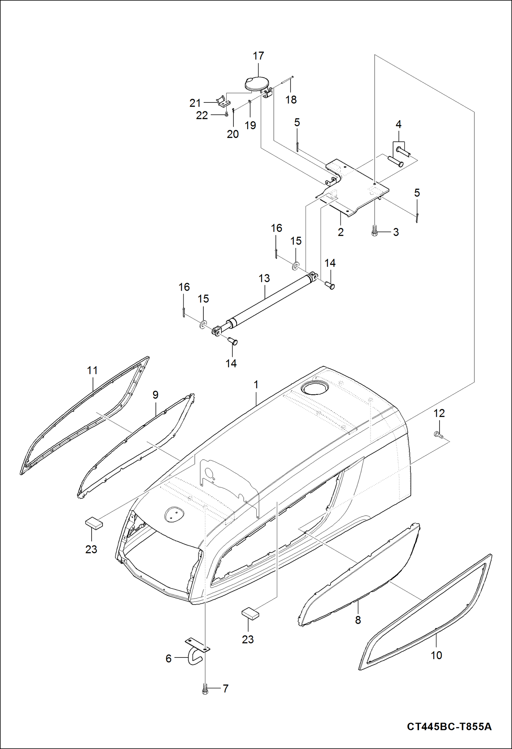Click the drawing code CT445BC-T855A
[x=449, y=726]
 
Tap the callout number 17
[x=258, y=56]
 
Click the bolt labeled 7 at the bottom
[x=205, y=689]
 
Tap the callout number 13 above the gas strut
[x=264, y=278]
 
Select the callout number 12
[x=439, y=413]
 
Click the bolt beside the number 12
[x=438, y=434]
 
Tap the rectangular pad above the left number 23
[x=94, y=523]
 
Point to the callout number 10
[x=436, y=655]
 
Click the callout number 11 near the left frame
[x=92, y=370]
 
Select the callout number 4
[x=399, y=124]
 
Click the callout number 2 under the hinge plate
[x=341, y=232]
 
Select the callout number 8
[x=358, y=620]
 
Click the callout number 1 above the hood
[x=256, y=385]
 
